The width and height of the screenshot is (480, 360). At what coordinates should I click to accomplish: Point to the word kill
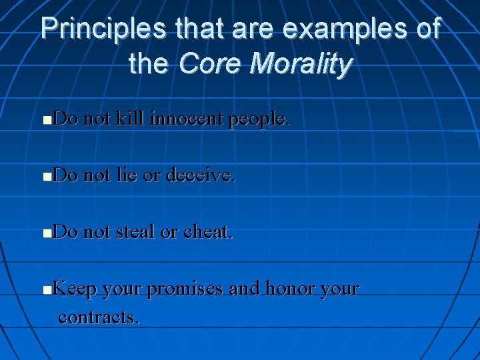click(x=132, y=119)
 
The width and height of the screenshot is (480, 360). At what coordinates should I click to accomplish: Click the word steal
click(x=137, y=233)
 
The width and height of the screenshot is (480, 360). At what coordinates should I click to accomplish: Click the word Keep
click(x=75, y=290)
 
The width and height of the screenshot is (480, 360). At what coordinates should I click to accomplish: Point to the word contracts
click(x=99, y=317)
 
